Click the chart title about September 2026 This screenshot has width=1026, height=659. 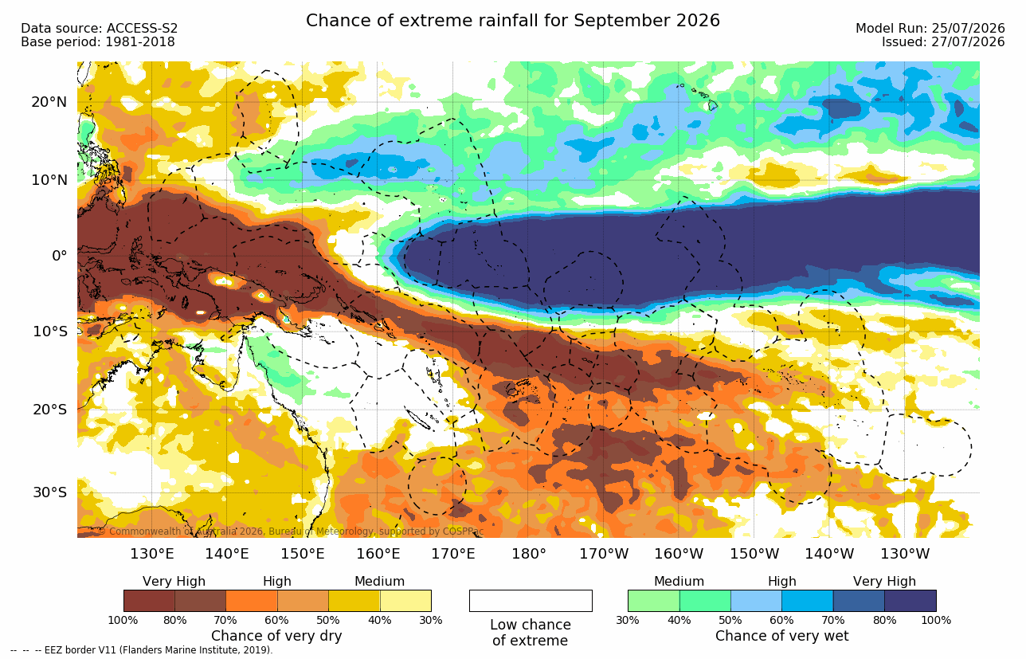512,21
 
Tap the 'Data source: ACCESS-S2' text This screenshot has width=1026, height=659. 99,29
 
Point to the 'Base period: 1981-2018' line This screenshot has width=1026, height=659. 97,42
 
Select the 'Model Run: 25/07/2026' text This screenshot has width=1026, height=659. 930,29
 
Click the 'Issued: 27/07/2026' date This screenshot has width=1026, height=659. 943,42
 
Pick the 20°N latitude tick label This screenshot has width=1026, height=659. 49,102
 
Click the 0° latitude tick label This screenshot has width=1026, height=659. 59,256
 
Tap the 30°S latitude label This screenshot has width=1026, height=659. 50,492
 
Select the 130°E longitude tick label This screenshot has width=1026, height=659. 152,554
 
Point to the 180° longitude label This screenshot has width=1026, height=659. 529,554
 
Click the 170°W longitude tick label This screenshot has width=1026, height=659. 604,554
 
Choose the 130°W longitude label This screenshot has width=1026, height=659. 905,554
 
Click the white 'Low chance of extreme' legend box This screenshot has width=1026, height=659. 531,601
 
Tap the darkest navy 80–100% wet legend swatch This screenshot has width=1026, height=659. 910,601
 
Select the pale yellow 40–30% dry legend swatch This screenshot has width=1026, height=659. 405,601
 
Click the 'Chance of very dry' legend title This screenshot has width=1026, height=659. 276,636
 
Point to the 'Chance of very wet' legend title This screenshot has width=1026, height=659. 782,636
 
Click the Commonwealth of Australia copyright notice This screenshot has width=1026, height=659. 292,532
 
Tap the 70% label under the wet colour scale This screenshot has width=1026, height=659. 832,621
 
